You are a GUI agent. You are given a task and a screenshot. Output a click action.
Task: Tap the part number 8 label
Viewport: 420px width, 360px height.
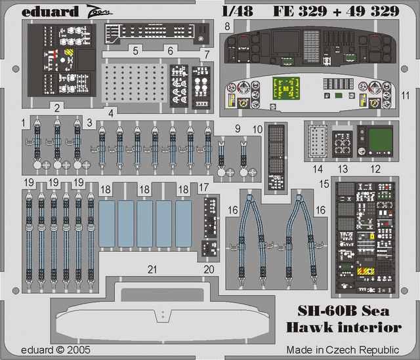click(226, 26)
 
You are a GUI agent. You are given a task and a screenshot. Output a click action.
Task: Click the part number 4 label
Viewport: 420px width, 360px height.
click(112, 112)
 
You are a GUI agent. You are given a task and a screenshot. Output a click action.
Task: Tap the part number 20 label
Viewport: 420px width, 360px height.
click(209, 268)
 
